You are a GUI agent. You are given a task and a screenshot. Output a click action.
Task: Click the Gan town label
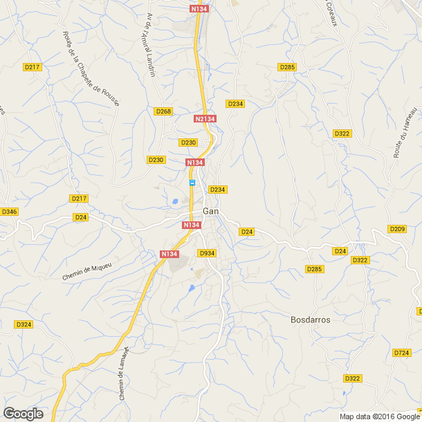point(211,211)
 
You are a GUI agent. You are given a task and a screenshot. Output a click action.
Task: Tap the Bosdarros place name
point(310,320)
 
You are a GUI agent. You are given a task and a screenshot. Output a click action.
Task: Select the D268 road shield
point(163,111)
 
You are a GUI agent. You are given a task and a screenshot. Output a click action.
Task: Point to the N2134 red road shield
point(205,119)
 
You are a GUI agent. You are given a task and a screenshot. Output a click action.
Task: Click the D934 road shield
point(208,253)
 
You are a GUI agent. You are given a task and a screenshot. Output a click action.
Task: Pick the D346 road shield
point(9,211)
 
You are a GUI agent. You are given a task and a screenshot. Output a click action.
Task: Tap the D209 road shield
point(397,229)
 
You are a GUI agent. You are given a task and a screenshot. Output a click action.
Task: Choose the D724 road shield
point(401,353)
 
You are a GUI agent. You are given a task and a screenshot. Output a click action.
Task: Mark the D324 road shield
point(24,324)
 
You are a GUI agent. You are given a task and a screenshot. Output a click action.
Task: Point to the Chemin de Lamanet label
point(122,374)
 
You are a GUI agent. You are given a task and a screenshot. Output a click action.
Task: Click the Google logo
point(23,414)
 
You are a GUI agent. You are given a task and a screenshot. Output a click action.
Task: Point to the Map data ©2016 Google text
point(378,416)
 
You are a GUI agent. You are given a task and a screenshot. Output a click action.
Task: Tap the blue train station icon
point(192,183)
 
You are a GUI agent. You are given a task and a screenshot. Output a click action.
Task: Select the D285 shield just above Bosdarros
point(315,269)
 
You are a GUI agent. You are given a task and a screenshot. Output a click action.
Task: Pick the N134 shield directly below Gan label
point(192,225)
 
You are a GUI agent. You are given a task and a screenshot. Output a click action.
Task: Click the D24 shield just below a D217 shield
point(82,217)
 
